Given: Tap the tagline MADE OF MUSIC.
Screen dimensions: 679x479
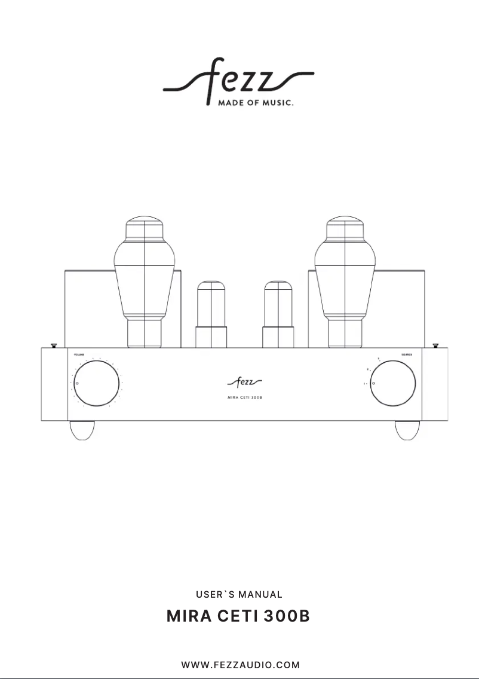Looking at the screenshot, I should click(x=250, y=103).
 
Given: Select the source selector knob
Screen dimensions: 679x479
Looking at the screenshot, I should click(x=392, y=383).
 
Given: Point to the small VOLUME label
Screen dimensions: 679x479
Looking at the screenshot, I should click(x=79, y=355).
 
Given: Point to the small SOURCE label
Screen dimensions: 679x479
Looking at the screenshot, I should click(x=407, y=355).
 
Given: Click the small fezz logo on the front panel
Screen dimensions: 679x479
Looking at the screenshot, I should click(x=245, y=381).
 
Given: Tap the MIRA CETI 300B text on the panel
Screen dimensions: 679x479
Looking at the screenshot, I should click(x=245, y=397).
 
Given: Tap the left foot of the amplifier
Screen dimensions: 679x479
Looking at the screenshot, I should click(x=82, y=430).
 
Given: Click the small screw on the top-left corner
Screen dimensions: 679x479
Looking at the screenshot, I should click(x=53, y=345).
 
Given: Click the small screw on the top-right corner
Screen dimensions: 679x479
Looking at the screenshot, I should click(x=435, y=345).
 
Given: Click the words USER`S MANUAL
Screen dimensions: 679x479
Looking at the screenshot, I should click(x=239, y=595).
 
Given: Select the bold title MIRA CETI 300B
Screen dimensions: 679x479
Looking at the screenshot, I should click(x=239, y=616).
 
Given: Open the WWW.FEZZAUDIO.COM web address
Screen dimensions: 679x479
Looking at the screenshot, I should click(x=240, y=665).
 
